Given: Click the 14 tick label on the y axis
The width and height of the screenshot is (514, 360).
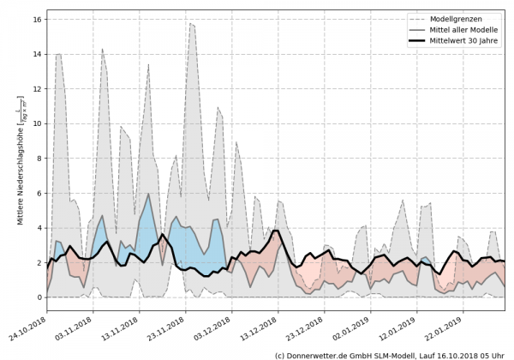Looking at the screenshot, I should [38, 53].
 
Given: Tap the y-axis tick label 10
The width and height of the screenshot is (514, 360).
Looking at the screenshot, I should [38, 123].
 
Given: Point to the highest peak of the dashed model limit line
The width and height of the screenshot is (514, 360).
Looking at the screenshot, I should [190, 23].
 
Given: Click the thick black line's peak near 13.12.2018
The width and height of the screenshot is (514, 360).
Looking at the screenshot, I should [275, 231].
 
